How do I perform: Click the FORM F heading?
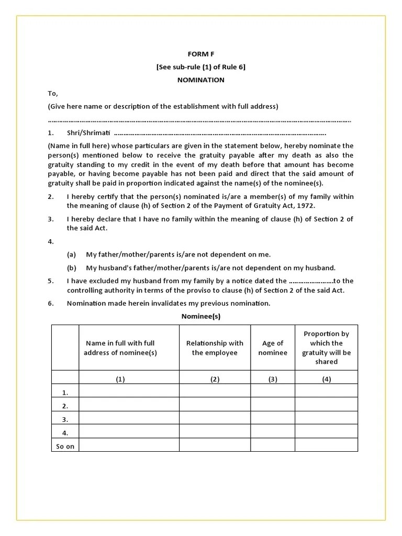click(x=201, y=54)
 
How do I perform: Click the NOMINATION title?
click(x=201, y=80)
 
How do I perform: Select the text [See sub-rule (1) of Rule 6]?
click(x=201, y=67)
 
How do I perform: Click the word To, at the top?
click(x=53, y=93)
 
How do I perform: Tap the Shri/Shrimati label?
click(x=88, y=133)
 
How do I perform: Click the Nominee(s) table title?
click(x=201, y=316)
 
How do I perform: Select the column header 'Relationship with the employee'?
click(x=215, y=348)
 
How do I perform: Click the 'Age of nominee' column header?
click(x=273, y=348)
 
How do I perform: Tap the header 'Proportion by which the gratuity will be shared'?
click(x=326, y=348)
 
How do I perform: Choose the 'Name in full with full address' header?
click(x=120, y=348)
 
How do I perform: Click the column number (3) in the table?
click(x=273, y=379)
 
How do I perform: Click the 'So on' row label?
click(x=65, y=446)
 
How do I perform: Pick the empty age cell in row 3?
click(x=273, y=419)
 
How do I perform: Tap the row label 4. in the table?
click(x=65, y=433)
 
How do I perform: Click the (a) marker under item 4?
click(x=72, y=254)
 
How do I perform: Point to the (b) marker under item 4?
click(x=72, y=267)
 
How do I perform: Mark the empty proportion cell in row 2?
click(x=326, y=405)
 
